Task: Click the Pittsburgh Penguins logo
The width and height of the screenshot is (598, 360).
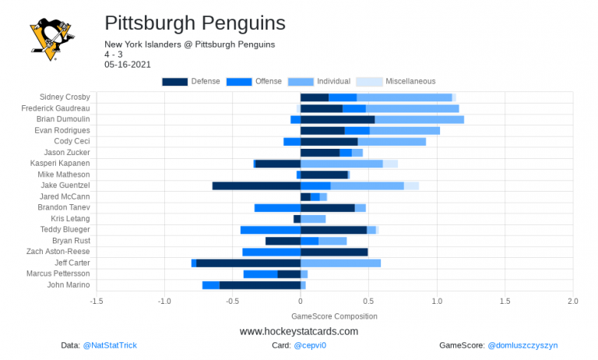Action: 51,38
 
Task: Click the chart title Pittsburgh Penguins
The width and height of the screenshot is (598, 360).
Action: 194,23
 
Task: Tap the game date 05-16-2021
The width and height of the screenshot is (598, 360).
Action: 128,65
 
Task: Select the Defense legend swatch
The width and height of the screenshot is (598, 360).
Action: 174,82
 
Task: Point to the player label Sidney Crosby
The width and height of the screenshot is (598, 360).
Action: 66,97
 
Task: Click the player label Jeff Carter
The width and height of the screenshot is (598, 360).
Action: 72,263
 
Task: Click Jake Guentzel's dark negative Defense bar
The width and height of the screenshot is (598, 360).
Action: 256,185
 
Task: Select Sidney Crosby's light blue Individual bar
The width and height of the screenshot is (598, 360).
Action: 404,97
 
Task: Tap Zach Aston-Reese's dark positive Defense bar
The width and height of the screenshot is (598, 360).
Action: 334,252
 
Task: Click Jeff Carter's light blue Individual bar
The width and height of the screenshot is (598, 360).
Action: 340,263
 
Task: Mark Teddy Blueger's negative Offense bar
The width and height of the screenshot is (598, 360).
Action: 270,230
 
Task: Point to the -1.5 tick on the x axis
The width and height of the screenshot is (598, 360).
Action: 97,301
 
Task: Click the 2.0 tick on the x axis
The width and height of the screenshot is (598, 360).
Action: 572,301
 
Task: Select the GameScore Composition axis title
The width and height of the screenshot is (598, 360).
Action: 334,316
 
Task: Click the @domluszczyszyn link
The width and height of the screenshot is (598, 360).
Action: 522,345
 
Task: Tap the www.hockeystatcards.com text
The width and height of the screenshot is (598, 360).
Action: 299,331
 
